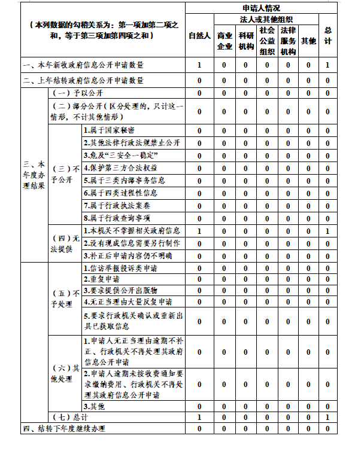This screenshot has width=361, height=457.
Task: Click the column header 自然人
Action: point(199,36)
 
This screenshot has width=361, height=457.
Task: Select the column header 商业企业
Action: point(225,41)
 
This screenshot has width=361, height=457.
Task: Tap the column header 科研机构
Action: point(245,41)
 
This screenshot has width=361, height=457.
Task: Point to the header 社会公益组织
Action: point(267,41)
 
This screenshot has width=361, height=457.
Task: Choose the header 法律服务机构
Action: point(288,41)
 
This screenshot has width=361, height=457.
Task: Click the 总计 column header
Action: point(327,36)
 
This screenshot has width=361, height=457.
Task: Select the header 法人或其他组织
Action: point(266,20)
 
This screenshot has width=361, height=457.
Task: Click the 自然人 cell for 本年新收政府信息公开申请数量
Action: point(199,65)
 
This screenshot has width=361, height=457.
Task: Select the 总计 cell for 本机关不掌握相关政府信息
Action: point(327,231)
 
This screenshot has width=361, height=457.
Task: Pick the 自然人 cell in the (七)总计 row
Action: point(199,416)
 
